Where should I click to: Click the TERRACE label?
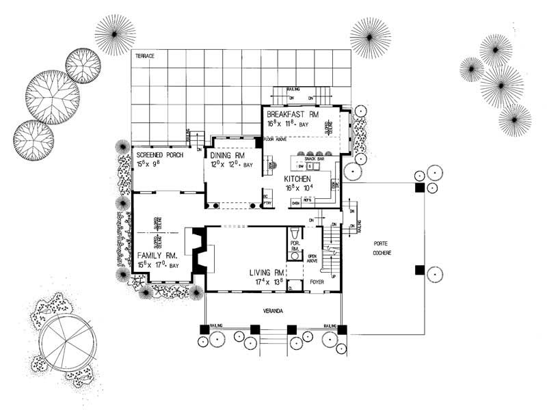(x=145, y=54)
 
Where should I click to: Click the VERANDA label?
(x=272, y=311)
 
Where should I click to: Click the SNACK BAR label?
(x=315, y=159)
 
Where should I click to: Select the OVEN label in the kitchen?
(x=296, y=203)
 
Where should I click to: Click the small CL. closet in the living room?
(x=291, y=288)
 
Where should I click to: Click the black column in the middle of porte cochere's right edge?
(x=418, y=270)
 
